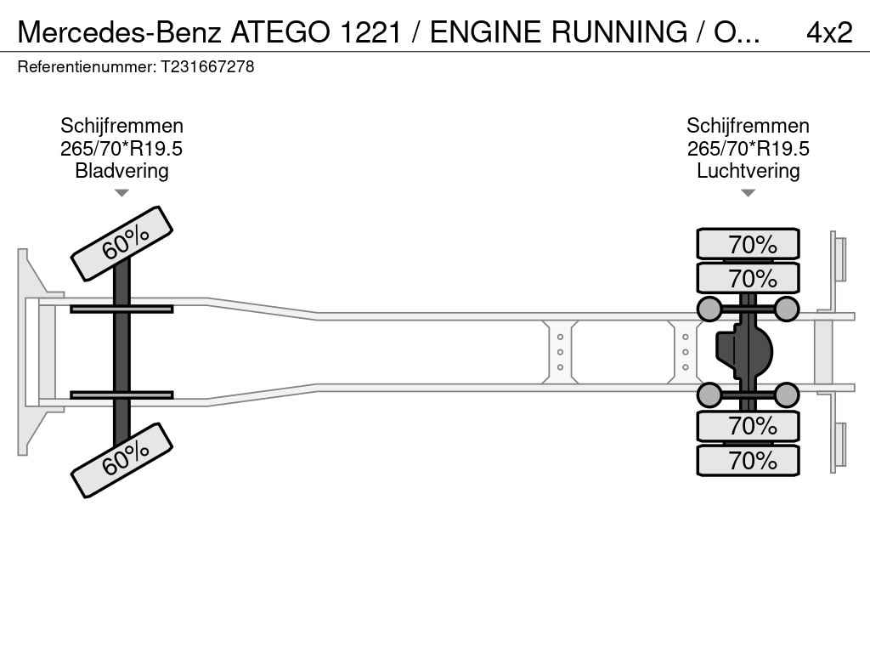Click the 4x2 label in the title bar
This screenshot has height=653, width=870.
click(828, 32)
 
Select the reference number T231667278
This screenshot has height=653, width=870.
click(207, 66)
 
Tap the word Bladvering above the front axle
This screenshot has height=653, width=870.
click(121, 171)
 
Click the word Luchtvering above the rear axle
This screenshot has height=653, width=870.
click(748, 171)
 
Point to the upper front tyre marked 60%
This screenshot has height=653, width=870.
click(121, 243)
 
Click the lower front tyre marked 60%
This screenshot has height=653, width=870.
click(121, 460)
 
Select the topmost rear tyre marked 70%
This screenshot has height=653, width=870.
click(748, 244)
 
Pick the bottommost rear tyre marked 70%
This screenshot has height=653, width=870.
click(748, 461)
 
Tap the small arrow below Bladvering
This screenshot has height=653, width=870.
click(121, 193)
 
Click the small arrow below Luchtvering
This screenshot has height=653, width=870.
click(748, 193)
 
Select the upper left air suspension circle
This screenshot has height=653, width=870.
click(709, 309)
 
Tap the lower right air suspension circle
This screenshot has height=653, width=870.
click(787, 395)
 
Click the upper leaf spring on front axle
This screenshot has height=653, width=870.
click(121, 309)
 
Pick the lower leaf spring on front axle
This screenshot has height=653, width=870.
click(121, 395)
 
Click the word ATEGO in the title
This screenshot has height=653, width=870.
click(282, 32)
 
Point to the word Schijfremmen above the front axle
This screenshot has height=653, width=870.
click(121, 126)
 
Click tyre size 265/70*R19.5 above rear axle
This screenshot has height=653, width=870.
click(748, 149)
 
